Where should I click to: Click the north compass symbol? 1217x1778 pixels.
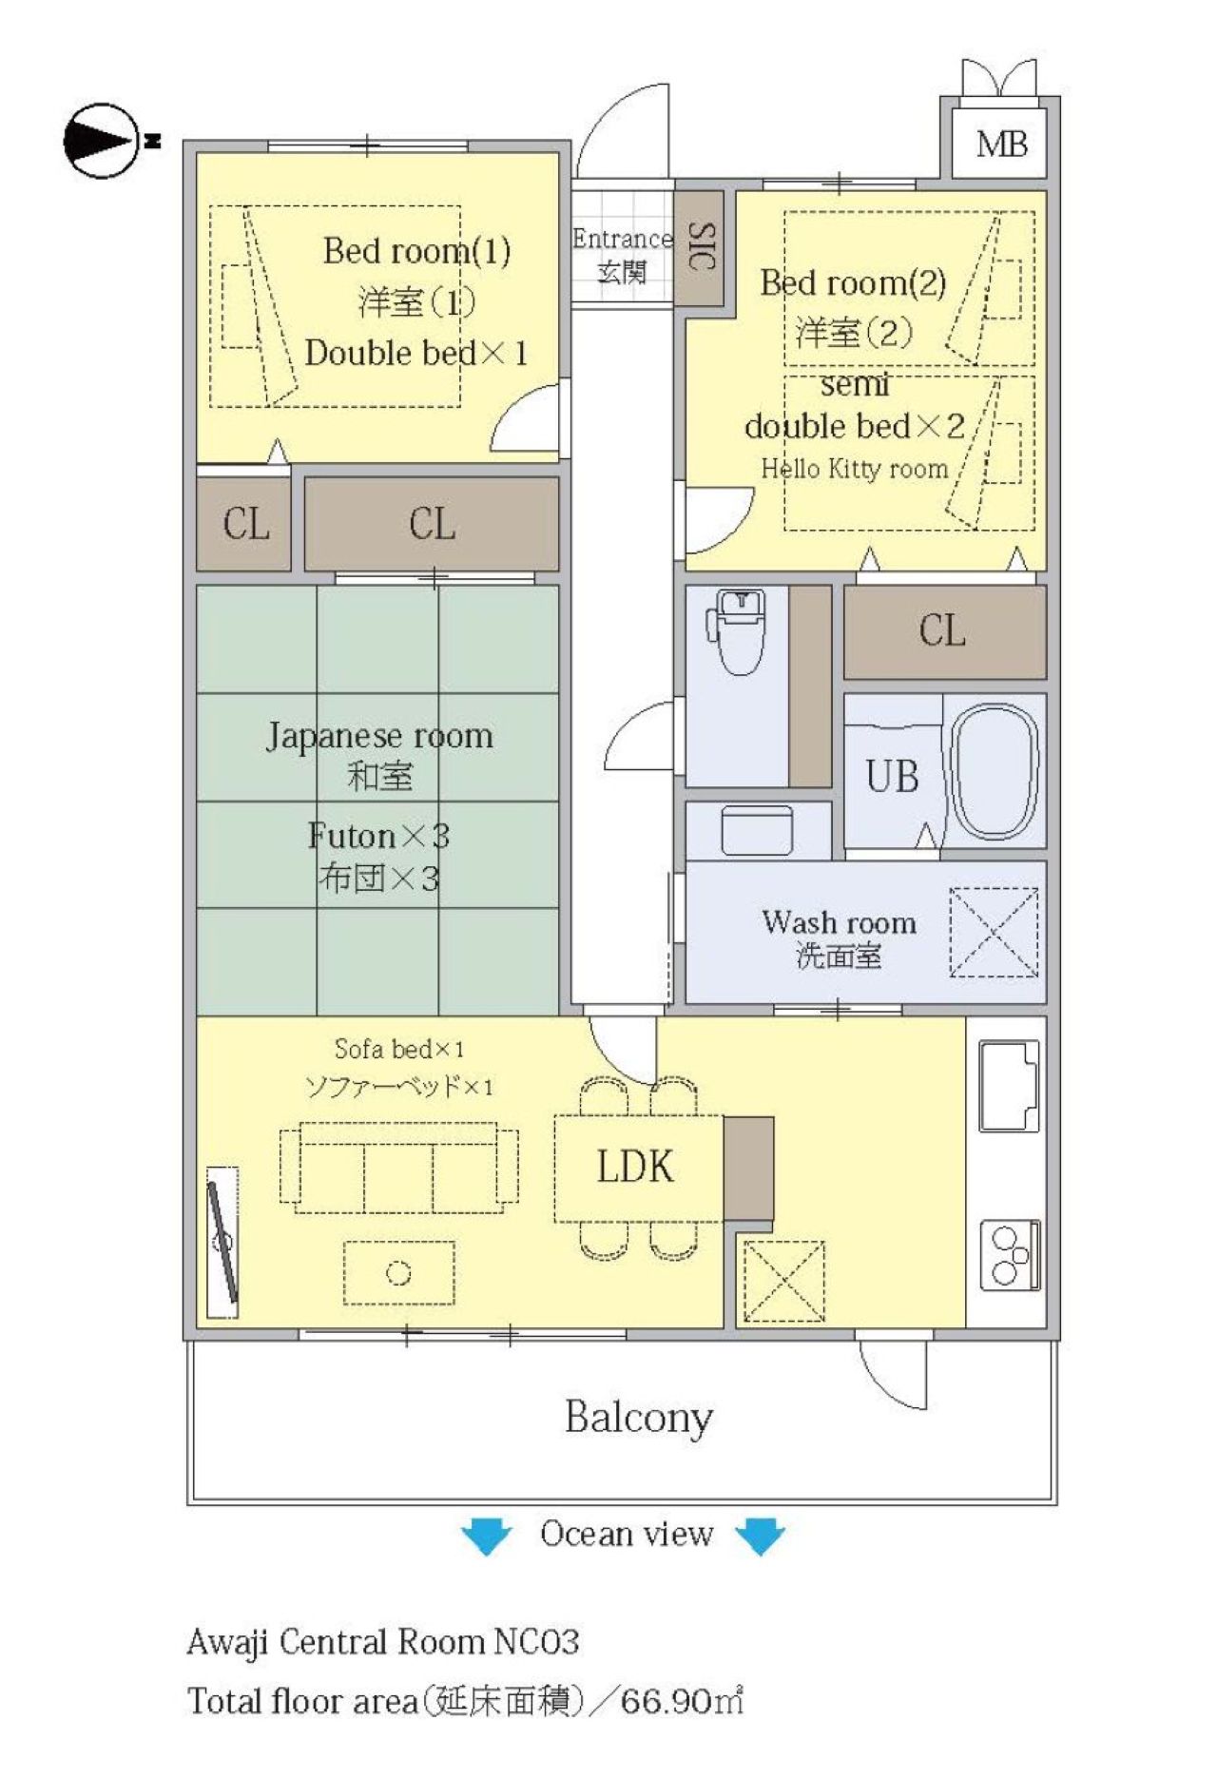pyautogui.click(x=106, y=141)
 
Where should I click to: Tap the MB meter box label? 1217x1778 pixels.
pyautogui.click(x=1001, y=145)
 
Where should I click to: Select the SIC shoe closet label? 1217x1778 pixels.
pyautogui.click(x=700, y=247)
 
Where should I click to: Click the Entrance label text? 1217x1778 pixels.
pyautogui.click(x=622, y=239)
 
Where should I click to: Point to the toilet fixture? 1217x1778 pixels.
pyautogui.click(x=737, y=629)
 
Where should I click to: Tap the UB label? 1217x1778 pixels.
pyautogui.click(x=892, y=777)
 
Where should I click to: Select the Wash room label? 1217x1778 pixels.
pyautogui.click(x=839, y=922)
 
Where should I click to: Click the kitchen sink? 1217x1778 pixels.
pyautogui.click(x=1009, y=1085)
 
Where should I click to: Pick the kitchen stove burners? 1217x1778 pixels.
pyautogui.click(x=1009, y=1255)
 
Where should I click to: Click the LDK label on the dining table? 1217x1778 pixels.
pyautogui.click(x=635, y=1167)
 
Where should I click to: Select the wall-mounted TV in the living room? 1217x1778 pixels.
pyautogui.click(x=222, y=1242)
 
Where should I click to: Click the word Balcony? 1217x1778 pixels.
pyautogui.click(x=638, y=1418)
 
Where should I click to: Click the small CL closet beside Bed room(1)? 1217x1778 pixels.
pyautogui.click(x=244, y=524)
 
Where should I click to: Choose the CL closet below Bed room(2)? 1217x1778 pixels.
pyautogui.click(x=944, y=630)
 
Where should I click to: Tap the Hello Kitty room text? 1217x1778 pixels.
pyautogui.click(x=854, y=469)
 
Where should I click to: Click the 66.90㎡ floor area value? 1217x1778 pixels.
pyautogui.click(x=682, y=1700)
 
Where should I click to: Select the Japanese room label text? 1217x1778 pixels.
pyautogui.click(x=379, y=736)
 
